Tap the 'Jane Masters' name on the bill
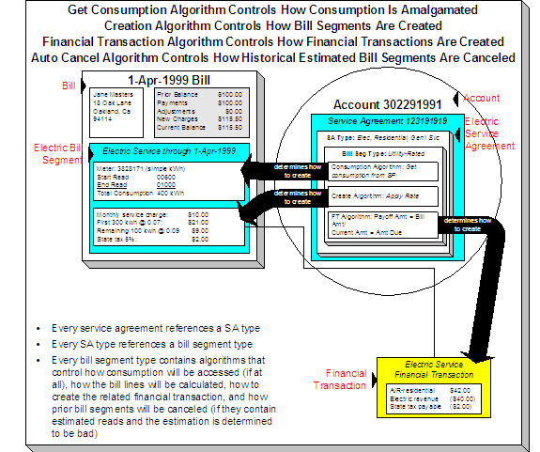coord(113,95)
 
